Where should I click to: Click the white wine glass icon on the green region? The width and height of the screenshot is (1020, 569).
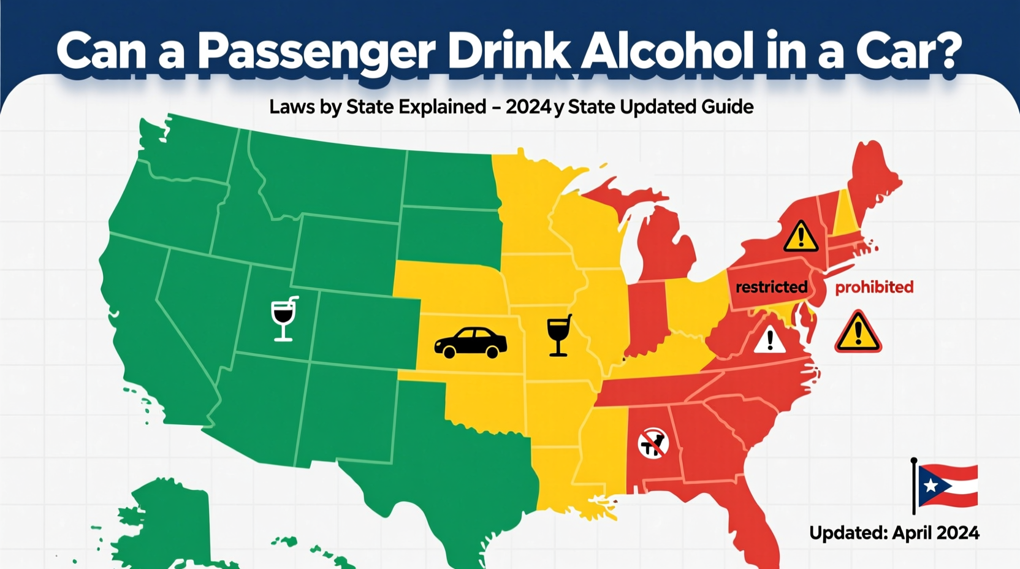click(284, 319)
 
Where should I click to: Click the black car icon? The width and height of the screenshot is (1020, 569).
click(470, 343)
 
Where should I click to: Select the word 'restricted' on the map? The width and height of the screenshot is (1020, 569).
click(771, 287)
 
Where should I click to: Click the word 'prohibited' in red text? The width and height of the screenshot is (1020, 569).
click(874, 287)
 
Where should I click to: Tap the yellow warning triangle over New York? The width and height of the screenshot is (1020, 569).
click(801, 237)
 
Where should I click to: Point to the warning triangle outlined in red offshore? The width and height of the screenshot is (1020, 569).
click(858, 332)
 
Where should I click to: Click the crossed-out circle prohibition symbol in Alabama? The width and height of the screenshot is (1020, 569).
click(653, 443)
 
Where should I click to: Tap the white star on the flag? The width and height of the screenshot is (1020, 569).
click(930, 486)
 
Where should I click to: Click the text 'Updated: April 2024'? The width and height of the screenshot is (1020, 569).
click(894, 532)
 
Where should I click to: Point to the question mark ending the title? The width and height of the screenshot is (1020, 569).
click(945, 52)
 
